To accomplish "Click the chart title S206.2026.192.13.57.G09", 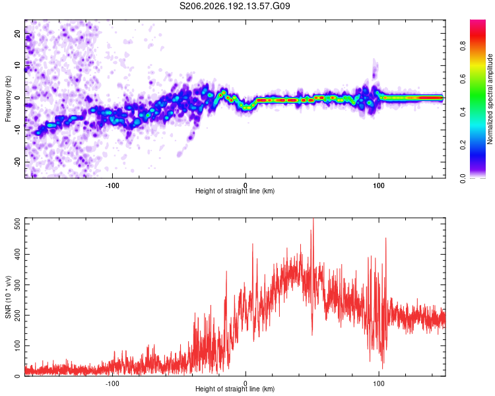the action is click(234, 6).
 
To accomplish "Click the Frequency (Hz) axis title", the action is click(8, 99).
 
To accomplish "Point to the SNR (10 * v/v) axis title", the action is click(8, 297).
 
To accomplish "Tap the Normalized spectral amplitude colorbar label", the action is click(490, 99).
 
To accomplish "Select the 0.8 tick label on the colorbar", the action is click(463, 46).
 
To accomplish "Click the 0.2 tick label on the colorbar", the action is click(463, 145).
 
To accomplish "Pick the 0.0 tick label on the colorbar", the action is click(463, 178).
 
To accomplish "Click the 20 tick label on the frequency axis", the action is click(17, 34).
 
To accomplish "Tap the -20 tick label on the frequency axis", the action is click(17, 162).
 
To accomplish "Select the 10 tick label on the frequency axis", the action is click(17, 65).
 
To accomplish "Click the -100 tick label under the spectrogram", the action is click(112, 185).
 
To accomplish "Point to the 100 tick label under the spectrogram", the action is click(379, 185).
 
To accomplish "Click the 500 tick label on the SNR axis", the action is click(17, 224).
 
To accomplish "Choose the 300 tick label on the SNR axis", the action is click(17, 285).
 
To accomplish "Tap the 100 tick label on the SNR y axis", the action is click(17, 346).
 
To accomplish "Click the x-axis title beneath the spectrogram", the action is click(235, 191).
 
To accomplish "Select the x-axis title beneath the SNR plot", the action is click(235, 389).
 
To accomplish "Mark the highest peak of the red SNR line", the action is click(313, 218).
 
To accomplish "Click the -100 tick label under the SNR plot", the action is click(112, 383).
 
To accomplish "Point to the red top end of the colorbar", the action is click(478, 21).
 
